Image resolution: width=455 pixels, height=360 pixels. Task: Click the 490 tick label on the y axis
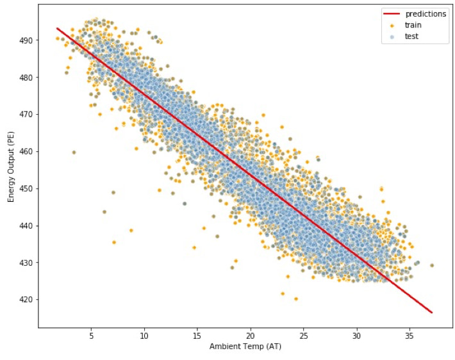tap(26, 40)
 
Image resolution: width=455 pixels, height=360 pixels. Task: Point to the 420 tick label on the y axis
tap(26, 300)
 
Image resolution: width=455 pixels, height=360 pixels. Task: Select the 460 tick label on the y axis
tap(26, 151)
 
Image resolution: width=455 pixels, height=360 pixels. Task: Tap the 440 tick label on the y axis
tap(26, 225)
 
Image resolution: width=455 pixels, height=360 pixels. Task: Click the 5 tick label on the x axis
tap(91, 336)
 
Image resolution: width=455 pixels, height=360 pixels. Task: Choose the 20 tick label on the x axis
tap(251, 336)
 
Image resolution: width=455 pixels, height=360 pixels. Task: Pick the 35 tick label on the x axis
tap(409, 336)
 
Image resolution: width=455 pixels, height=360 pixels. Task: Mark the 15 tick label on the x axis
tap(197, 336)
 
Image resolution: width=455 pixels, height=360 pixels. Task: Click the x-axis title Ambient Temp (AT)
tap(245, 347)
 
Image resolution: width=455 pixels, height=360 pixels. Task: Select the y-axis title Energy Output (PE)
tap(11, 167)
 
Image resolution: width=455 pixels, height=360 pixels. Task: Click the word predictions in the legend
tap(426, 14)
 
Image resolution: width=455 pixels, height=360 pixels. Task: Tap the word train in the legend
tap(413, 25)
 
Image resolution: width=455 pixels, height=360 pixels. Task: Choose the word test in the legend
tap(412, 37)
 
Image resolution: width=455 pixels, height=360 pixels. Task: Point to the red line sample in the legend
tap(392, 14)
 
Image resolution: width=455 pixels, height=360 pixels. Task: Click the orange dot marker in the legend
tap(392, 26)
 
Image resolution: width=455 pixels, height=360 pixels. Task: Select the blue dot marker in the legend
tap(392, 37)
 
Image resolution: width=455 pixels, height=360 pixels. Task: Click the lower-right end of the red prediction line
tap(432, 313)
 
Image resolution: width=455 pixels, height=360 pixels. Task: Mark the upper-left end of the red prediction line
tap(57, 28)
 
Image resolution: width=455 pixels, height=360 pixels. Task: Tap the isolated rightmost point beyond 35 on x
tap(432, 265)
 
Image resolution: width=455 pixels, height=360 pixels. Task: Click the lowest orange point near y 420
tap(296, 299)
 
